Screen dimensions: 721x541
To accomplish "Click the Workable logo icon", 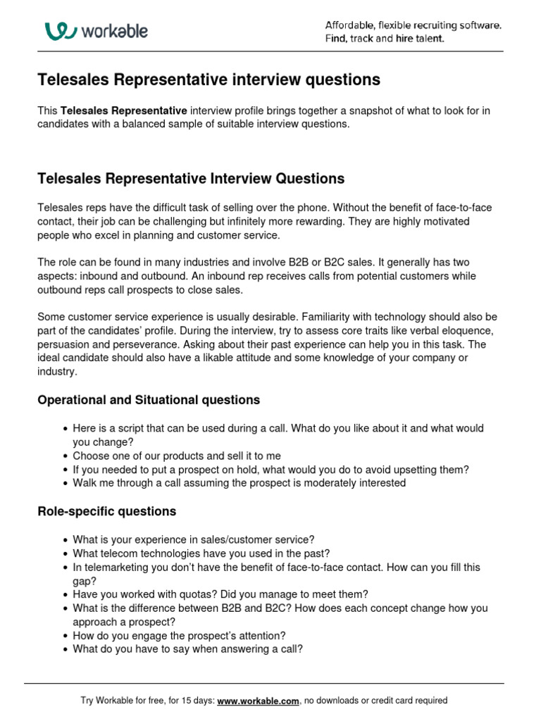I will pos(61,31).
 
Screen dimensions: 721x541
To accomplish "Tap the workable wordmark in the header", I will pos(114,31).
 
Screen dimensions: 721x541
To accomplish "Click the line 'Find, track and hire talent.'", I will pos(384,39).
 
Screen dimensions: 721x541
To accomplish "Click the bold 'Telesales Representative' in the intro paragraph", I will pos(124,111).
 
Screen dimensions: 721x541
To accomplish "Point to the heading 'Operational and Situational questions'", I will pos(148,400).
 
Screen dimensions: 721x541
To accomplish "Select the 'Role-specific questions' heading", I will pos(106,511).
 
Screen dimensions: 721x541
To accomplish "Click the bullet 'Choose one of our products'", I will pos(176,456).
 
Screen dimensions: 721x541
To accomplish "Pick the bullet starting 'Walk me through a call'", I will pos(239,483).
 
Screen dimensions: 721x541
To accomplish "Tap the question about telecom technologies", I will pos(201,553).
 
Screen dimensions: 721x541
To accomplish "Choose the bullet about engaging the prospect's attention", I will pos(179,636).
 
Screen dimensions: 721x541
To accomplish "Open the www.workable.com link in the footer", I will pos(259,701).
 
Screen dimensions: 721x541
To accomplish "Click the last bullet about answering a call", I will pos(187,649).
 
